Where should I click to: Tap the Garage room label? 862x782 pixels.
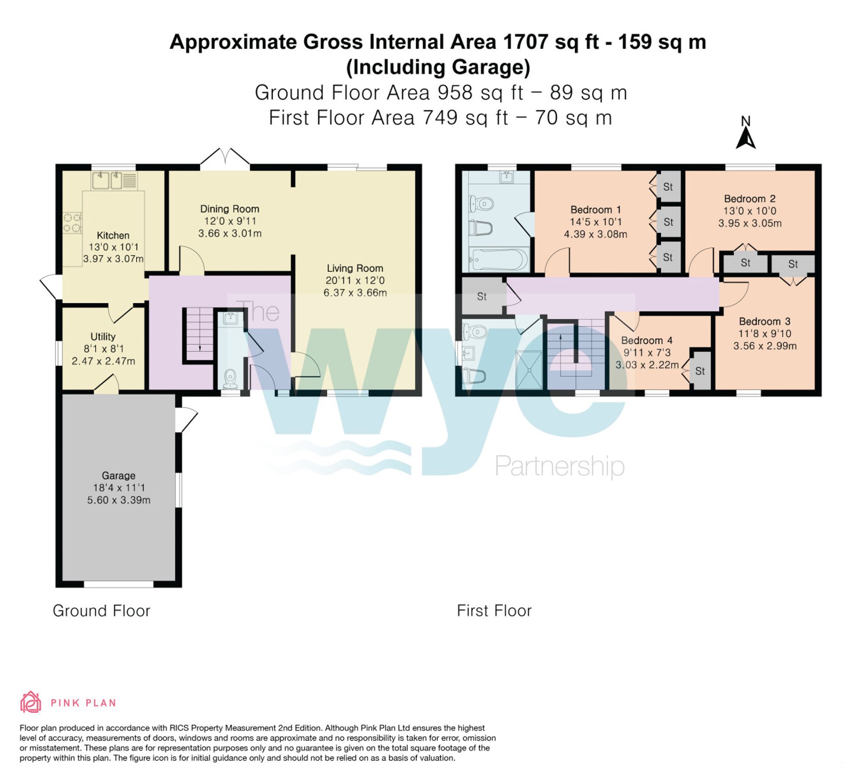click(x=119, y=475)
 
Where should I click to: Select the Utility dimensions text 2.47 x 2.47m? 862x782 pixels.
click(x=103, y=361)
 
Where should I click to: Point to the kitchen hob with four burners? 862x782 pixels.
click(x=72, y=223)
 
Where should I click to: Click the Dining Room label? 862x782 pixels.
click(x=230, y=209)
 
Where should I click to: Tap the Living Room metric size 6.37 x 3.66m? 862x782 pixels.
click(x=355, y=292)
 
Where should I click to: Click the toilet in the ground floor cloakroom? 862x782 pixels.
click(x=231, y=378)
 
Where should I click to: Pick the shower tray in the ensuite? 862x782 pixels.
click(x=529, y=370)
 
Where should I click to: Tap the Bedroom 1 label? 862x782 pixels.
click(x=596, y=210)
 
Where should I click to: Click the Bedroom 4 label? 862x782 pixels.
click(x=646, y=340)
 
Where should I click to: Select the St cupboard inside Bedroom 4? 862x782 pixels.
click(x=700, y=371)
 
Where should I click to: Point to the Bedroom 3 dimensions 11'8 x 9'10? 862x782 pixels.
click(x=765, y=333)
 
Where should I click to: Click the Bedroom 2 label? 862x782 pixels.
click(x=750, y=198)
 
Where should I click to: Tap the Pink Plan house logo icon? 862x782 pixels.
click(x=31, y=702)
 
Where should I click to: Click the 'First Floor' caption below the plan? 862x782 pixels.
click(x=494, y=611)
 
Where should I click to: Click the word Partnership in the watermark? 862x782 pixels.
click(x=559, y=466)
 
